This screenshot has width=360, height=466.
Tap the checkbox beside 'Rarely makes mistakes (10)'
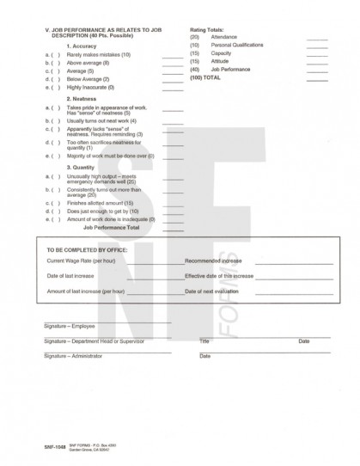pyautogui.click(x=57, y=54)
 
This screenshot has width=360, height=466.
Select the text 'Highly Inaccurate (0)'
pyautogui.click(x=89, y=87)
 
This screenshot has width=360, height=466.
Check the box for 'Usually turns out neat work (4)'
pyautogui.click(x=57, y=121)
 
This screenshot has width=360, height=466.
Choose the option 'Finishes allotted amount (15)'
pyautogui.click(x=95, y=202)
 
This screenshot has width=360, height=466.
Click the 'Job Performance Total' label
pyautogui.click(x=111, y=228)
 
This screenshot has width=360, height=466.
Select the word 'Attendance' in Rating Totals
pyautogui.click(x=223, y=37)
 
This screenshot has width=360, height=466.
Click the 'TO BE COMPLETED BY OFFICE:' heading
pyautogui.click(x=85, y=250)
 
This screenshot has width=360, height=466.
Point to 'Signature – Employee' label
pyautogui.click(x=68, y=327)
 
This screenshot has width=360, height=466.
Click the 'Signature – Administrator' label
pyautogui.click(x=72, y=355)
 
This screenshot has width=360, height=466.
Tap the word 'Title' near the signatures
pyautogui.click(x=204, y=341)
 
